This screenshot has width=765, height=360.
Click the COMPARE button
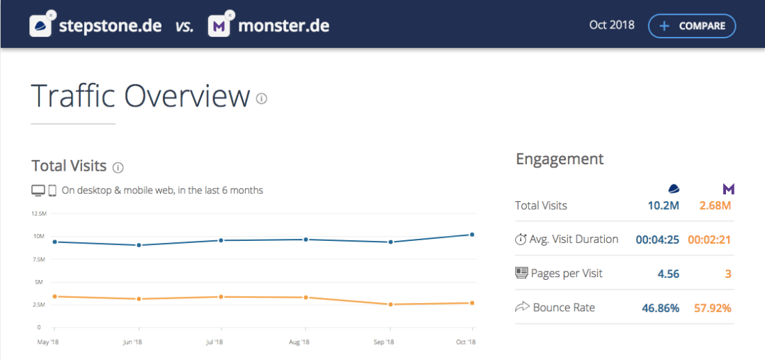pos(691,26)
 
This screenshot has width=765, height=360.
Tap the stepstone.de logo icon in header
pos(42,26)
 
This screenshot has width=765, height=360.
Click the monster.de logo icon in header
pos(219,26)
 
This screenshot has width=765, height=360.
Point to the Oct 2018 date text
pos(612,26)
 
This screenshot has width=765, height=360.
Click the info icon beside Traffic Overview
pos(262,99)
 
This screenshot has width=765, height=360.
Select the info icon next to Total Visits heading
pos(118,167)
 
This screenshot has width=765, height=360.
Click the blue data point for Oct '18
pos(472,235)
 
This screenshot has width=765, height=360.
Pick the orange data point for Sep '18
pos(391,304)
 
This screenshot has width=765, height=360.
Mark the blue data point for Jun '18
pos(139,245)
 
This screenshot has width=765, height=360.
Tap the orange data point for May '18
pos(55,297)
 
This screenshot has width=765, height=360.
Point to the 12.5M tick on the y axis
pos(38,214)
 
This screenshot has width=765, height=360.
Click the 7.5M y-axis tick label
pos(38,259)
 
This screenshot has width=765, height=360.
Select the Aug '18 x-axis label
pos(299,342)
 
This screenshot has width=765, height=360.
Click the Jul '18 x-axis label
pos(214,342)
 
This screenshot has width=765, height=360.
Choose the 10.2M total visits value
pos(664,205)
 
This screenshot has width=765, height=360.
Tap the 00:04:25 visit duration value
pos(658,240)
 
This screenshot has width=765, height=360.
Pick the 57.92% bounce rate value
pos(712,308)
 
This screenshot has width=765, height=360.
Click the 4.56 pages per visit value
pos(668,274)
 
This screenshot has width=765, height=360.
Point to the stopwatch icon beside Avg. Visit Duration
pos(521,240)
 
